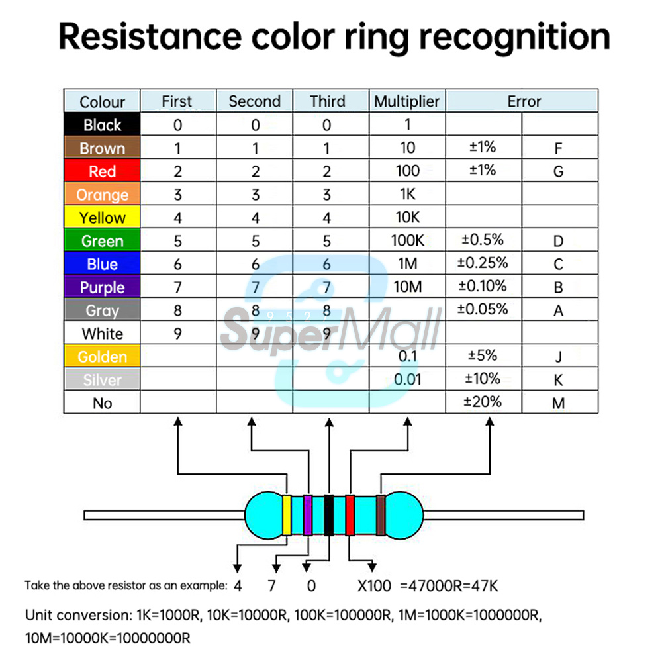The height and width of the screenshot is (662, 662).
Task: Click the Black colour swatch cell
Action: coord(102,125)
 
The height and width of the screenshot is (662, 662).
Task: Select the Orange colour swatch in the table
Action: coord(102,195)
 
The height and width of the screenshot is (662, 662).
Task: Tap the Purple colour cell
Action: coord(102,287)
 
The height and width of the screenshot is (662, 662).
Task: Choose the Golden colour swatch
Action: coord(102,357)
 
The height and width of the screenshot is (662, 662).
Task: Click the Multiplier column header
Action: coord(406,101)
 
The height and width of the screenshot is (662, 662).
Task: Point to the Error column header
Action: coord(524,101)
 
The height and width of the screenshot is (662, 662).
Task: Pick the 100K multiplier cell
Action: coord(406,240)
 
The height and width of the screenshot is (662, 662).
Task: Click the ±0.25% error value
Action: coord(483,263)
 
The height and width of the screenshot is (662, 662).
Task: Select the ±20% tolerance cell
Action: coord(483,401)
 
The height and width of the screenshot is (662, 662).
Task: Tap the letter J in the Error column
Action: coord(558,358)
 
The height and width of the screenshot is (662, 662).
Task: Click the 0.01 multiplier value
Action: coord(406,379)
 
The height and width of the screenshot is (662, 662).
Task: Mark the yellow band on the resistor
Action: coord(287,515)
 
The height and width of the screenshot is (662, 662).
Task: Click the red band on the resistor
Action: coord(350,515)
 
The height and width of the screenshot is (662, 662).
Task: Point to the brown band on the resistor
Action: coord(381,515)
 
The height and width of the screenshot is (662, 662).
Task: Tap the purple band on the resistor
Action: coord(307,515)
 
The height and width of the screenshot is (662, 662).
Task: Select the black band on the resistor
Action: coord(328,515)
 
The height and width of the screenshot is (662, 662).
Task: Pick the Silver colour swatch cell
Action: coord(102,380)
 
